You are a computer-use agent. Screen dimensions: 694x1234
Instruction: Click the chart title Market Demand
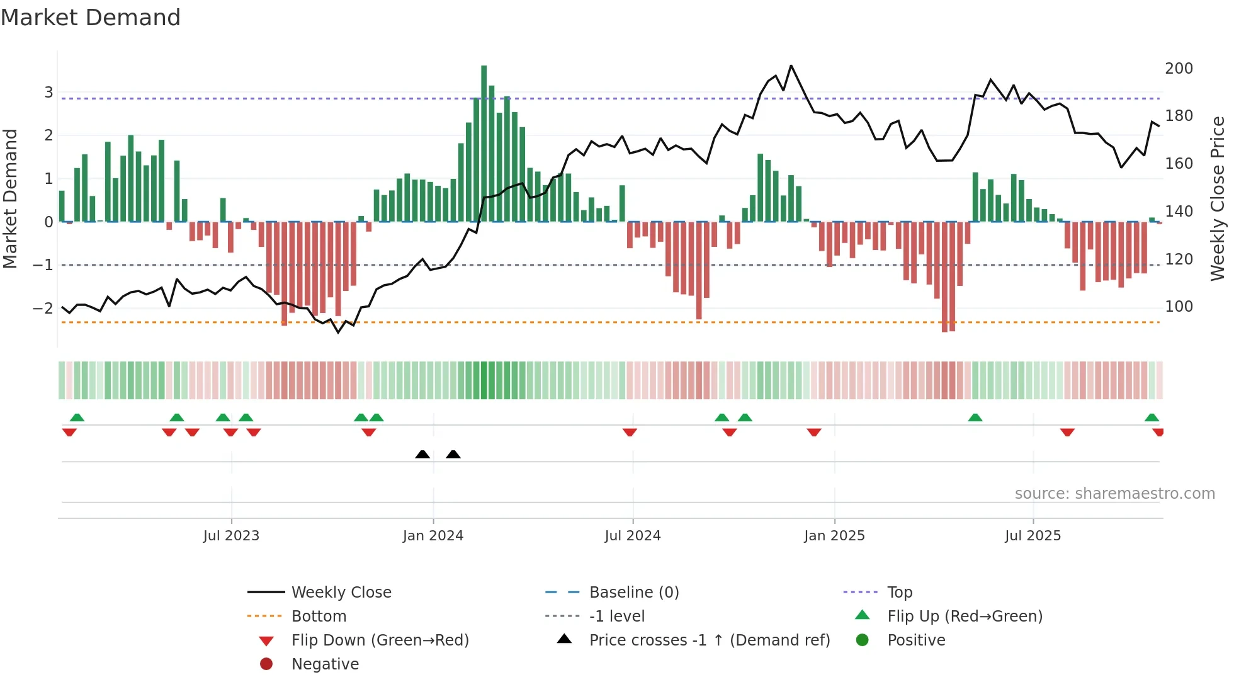(91, 18)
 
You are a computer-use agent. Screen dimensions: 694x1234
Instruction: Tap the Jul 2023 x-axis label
(231, 536)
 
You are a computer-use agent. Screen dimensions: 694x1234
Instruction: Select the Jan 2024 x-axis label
(433, 536)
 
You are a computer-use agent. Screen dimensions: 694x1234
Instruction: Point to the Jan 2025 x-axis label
(834, 536)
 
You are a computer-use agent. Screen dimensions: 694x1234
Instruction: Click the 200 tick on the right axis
(1179, 68)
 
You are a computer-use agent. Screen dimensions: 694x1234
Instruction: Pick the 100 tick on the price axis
(1179, 307)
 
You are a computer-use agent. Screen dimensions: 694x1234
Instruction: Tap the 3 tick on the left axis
(48, 93)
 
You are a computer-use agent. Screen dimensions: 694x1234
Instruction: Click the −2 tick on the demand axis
(43, 309)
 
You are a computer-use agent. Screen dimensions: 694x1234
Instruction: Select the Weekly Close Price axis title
(1218, 198)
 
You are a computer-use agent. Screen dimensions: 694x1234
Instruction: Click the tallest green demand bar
(484, 145)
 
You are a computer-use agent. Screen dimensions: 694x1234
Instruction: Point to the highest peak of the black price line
(791, 66)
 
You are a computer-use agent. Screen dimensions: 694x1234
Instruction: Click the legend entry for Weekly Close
(341, 593)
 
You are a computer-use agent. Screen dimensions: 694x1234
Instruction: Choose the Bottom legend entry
(319, 617)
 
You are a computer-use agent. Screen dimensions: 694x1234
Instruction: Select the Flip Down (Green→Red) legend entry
(380, 640)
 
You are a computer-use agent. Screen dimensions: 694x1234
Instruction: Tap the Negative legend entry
(325, 664)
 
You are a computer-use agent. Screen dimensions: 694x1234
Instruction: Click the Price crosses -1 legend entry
(709, 640)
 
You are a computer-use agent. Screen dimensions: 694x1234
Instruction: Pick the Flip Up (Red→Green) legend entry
(965, 617)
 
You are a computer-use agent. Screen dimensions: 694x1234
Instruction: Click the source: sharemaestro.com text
(1114, 494)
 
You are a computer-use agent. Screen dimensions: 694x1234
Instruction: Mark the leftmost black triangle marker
(422, 454)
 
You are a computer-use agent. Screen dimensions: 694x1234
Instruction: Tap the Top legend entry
(900, 593)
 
